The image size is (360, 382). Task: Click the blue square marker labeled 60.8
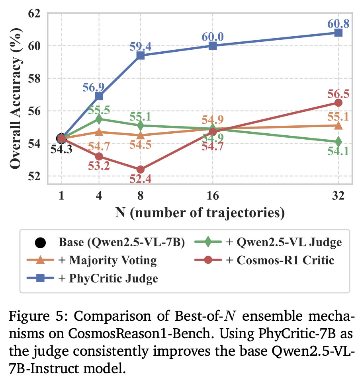(338, 33)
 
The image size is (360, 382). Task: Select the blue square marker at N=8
(140, 55)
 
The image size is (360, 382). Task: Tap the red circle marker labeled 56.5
(338, 103)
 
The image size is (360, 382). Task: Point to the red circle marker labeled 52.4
(140, 170)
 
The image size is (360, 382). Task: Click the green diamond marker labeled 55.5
(99, 119)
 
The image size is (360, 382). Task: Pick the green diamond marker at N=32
(338, 142)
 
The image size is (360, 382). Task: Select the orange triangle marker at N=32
(338, 125)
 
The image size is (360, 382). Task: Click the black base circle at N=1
(61, 138)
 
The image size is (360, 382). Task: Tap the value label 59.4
(140, 47)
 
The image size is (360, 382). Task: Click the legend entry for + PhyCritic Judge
(108, 279)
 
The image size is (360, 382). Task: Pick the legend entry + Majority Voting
(108, 261)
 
